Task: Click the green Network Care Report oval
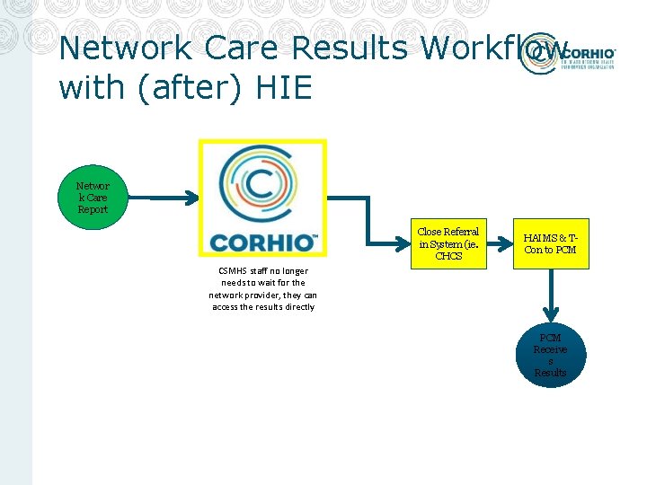pos(92,198)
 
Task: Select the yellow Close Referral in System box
pos(448,243)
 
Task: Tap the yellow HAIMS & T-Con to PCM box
pos(550,243)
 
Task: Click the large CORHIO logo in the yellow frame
pos(262,198)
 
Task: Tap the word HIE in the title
pos(285,87)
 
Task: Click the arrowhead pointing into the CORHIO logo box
pos(192,198)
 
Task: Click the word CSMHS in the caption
pos(233,270)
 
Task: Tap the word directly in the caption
pos(298,307)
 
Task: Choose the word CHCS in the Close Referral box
pos(448,256)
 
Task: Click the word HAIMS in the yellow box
pos(536,237)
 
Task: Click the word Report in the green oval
pos(92,209)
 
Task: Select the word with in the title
pos(88,87)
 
